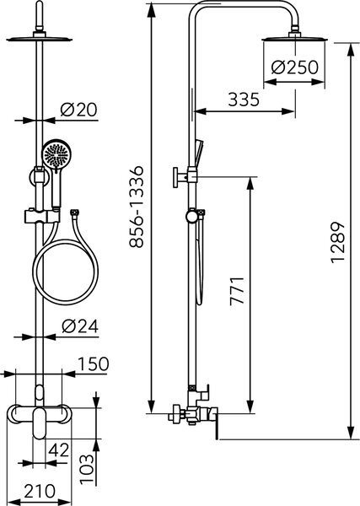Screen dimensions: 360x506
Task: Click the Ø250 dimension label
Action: (x=294, y=67)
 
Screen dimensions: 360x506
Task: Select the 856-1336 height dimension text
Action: (x=136, y=207)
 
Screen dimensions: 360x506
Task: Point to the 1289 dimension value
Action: (x=338, y=242)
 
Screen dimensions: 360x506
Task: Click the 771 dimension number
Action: (x=237, y=290)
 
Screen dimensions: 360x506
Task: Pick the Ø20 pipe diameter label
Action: (x=78, y=110)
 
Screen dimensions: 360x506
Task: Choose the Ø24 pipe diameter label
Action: (x=80, y=326)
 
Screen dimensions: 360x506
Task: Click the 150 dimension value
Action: (x=94, y=363)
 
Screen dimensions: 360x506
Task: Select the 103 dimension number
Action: (x=88, y=470)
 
